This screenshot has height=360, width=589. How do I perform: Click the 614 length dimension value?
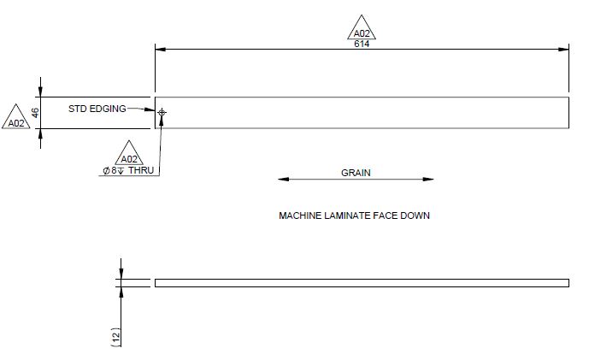click(362, 43)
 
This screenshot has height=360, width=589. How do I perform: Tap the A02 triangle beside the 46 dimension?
click(17, 119)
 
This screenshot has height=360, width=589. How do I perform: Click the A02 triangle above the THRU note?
click(129, 155)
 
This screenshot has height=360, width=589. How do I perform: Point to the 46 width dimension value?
click(36, 112)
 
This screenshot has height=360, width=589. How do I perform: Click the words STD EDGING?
click(97, 109)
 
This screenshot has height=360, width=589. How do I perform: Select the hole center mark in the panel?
click(162, 112)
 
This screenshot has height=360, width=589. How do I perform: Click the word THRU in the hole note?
click(141, 170)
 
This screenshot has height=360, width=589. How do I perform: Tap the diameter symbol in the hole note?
click(106, 170)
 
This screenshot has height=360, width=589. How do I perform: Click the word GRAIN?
click(356, 173)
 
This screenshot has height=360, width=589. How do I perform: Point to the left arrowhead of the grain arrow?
click(283, 180)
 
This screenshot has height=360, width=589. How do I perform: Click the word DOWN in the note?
click(415, 216)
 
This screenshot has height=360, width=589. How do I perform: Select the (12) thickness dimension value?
click(117, 336)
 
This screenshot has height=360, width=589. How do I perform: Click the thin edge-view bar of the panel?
click(362, 282)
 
